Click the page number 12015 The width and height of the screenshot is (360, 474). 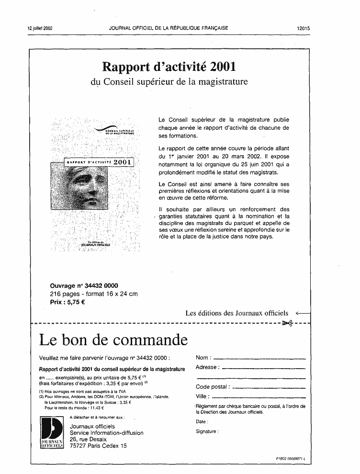coord(304,28)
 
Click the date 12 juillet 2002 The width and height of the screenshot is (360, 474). coord(40,28)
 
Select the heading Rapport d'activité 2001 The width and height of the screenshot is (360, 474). coord(169,66)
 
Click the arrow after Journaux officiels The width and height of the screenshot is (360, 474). coord(303,313)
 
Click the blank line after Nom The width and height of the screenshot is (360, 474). coord(259,358)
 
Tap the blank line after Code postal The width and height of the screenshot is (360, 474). coord(268,387)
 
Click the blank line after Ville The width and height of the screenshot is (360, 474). coord(259,396)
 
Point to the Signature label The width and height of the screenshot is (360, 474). coord(207,431)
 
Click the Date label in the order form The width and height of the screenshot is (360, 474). coord(202,422)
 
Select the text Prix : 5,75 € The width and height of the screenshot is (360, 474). coord(67,303)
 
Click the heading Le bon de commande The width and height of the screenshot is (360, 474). coord(112,340)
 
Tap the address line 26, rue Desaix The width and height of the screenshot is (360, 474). coord(88,439)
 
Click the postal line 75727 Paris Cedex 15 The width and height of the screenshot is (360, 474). coord(98,446)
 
